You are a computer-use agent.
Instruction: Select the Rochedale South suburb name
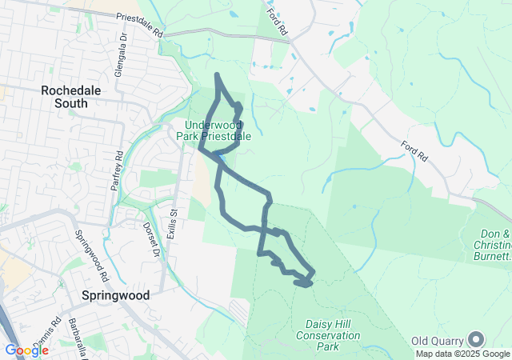[71, 97]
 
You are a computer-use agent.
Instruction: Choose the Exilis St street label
[172, 223]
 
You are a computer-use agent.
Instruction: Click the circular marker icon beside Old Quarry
[477, 340]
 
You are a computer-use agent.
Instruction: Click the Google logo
[26, 350]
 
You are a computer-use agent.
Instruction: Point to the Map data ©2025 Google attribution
[462, 354]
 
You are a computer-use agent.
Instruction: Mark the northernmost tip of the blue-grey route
[218, 75]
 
